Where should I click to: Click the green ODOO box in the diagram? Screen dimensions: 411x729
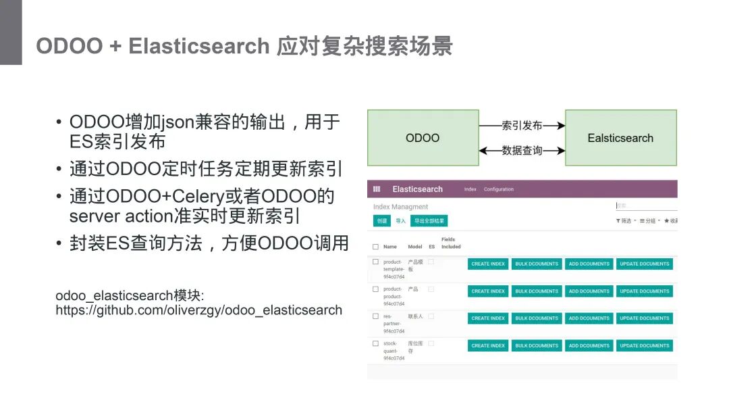point(423,138)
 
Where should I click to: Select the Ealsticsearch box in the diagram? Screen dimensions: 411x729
point(620,138)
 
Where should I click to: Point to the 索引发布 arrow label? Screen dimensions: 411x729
point(522,126)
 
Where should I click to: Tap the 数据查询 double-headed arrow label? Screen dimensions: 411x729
point(522,150)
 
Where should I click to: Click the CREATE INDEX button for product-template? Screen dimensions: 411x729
point(488,264)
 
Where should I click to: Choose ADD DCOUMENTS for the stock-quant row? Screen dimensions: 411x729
point(589,345)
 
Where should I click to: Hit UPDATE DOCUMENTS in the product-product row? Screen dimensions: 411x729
point(644,291)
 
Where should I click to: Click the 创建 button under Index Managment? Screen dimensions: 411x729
point(382,221)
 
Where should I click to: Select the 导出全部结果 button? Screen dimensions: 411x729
point(429,221)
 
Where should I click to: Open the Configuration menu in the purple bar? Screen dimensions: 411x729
point(498,189)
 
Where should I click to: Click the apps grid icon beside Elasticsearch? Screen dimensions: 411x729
point(377,189)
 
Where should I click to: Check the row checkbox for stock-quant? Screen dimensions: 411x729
point(376,343)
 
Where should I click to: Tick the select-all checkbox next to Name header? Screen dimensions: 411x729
point(376,247)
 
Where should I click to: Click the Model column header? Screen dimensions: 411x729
point(415,247)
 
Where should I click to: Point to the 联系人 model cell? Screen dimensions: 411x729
point(415,316)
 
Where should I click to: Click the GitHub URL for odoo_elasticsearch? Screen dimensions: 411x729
point(198,310)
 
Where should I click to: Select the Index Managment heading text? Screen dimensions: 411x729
point(400,207)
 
